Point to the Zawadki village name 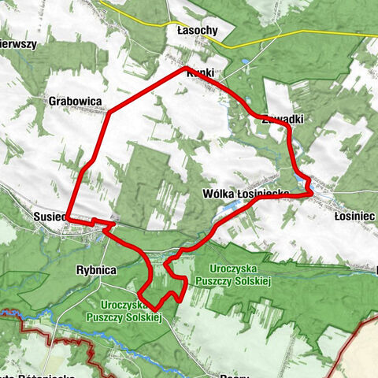pos(281,120)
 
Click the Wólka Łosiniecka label pos(246,194)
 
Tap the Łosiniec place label pos(351,215)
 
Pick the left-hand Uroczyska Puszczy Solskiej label pos(131,310)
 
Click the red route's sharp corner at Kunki pos(186,69)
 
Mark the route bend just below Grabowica pos(108,113)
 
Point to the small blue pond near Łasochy pos(246,60)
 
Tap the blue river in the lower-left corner pos(31,313)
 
